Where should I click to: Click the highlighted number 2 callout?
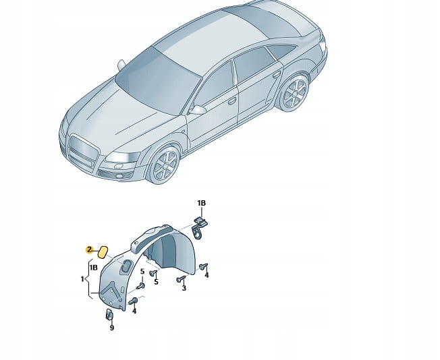click(x=90, y=249)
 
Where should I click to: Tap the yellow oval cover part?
click(x=103, y=251)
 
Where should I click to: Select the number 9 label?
click(x=112, y=328)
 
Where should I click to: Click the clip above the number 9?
click(x=109, y=314)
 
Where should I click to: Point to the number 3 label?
click(x=184, y=288)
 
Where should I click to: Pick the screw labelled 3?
click(x=181, y=278)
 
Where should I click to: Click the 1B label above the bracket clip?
click(x=201, y=203)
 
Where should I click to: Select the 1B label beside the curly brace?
click(x=93, y=268)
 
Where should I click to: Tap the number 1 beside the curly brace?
click(x=82, y=279)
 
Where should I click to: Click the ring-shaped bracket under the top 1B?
click(x=197, y=233)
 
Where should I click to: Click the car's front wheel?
click(x=165, y=165)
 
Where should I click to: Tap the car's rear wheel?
click(x=294, y=93)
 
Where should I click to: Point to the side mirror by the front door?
click(x=197, y=110)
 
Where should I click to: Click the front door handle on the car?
click(x=231, y=101)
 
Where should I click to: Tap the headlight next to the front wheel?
click(x=123, y=157)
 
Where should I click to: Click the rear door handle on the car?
click(x=277, y=75)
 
